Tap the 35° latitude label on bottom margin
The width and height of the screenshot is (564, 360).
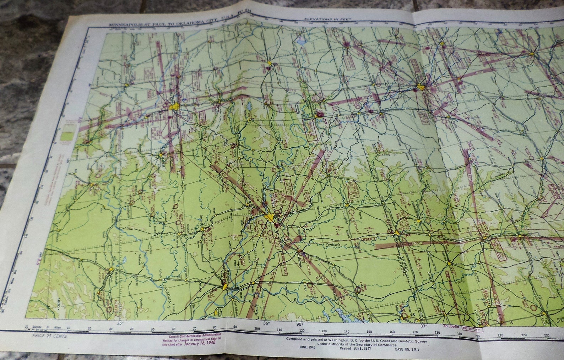click(120, 323)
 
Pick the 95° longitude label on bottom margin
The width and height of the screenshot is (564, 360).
click(299, 324)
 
